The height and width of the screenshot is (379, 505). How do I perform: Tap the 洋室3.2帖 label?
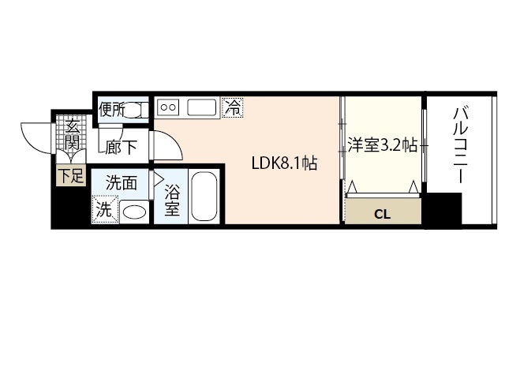tap(382, 145)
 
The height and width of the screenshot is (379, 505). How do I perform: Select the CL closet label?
tap(383, 213)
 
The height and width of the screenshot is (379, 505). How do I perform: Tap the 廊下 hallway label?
tap(121, 146)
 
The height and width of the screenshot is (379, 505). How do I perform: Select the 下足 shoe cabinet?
tap(69, 175)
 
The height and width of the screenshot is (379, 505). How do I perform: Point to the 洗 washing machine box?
tap(104, 211)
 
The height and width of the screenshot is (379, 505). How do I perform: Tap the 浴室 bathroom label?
tap(172, 201)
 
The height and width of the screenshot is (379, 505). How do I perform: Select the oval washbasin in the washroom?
tap(135, 212)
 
